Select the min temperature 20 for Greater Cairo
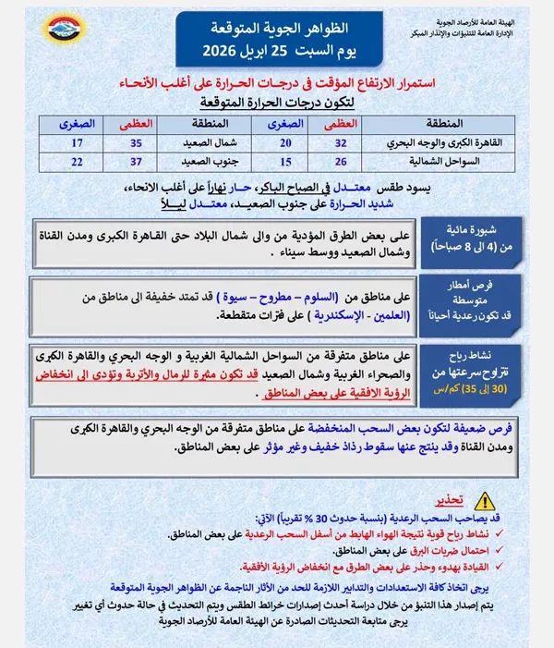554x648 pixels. [x=284, y=142]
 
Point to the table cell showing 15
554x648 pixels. [x=284, y=163]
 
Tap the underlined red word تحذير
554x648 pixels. [x=450, y=502]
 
